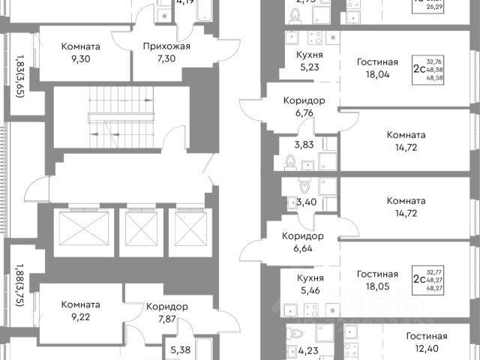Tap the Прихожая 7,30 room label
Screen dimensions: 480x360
pos(166,52)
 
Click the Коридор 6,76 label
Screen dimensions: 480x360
pos(303,108)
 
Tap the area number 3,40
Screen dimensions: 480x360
pos(306,201)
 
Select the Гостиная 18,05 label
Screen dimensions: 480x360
pos(376,281)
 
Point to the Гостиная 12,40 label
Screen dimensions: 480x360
pos(427,343)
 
